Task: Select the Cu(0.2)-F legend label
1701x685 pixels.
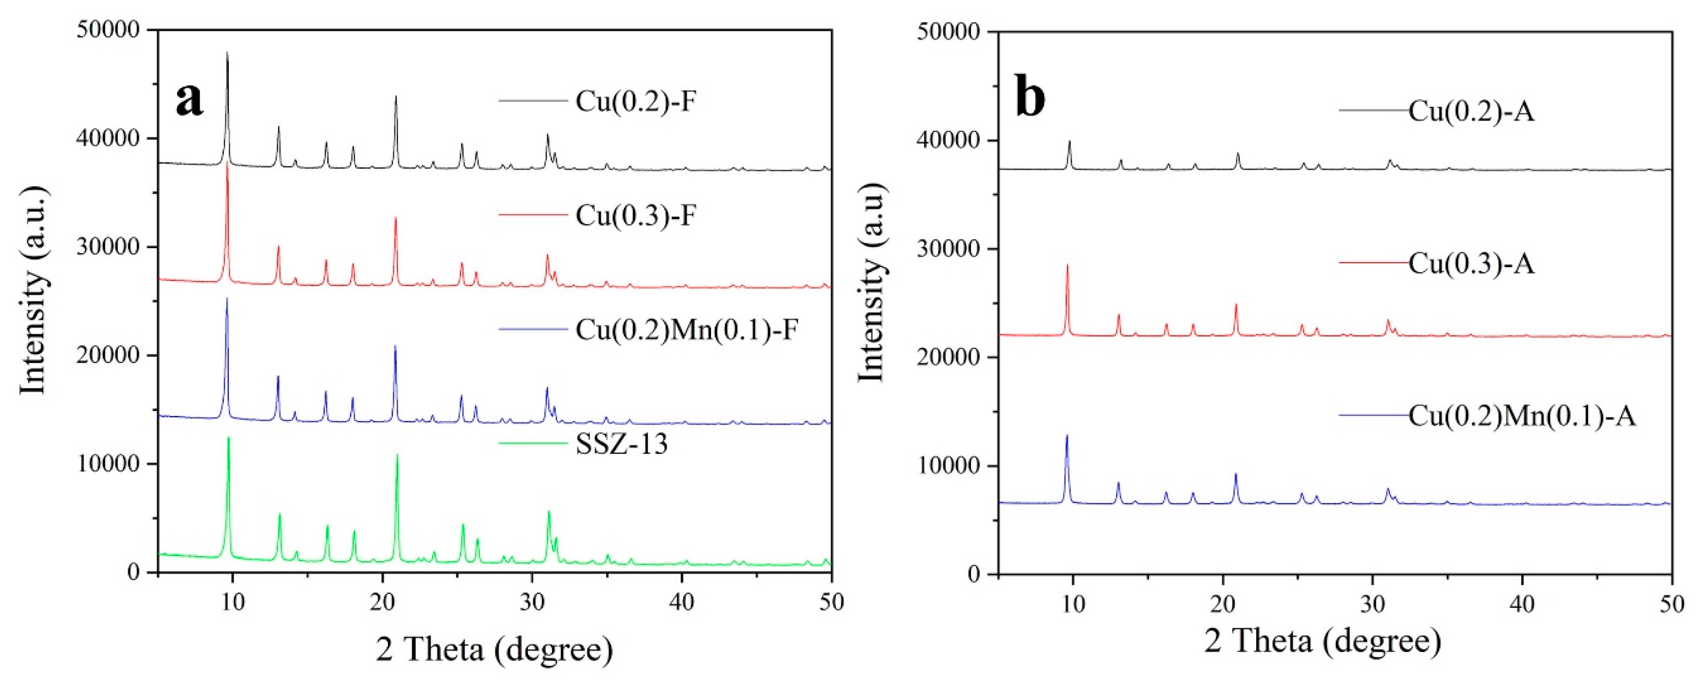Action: point(635,102)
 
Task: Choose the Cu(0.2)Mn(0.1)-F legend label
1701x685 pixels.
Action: point(687,329)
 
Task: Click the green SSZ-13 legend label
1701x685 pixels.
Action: point(621,443)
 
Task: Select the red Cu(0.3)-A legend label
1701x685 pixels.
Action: point(1471,263)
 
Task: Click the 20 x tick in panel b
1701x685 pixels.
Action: point(1223,603)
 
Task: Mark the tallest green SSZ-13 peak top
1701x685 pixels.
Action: point(228,438)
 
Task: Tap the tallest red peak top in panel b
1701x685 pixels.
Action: point(1067,265)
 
